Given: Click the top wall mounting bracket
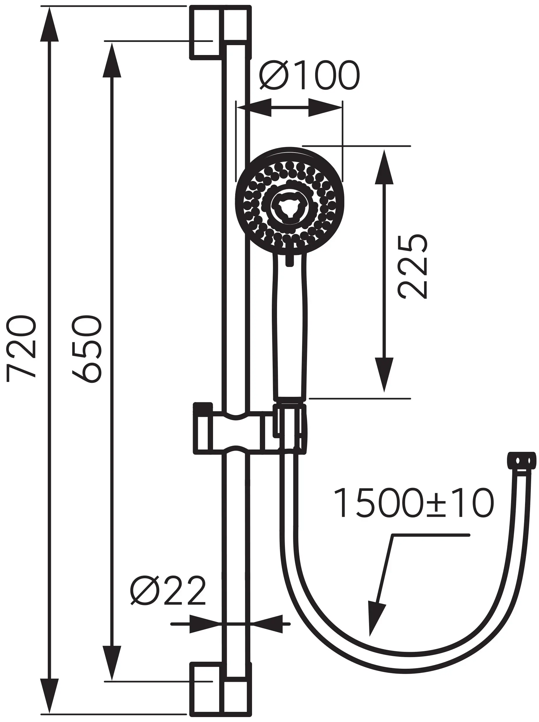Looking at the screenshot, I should pyautogui.click(x=221, y=32).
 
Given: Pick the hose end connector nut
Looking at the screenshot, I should pyautogui.click(x=521, y=461).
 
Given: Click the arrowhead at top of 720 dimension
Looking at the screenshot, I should pyautogui.click(x=49, y=24).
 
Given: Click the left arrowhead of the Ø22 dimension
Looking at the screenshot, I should pyautogui.click(x=204, y=624).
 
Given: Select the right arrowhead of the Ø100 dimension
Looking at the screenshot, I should pyautogui.click(x=325, y=107).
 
